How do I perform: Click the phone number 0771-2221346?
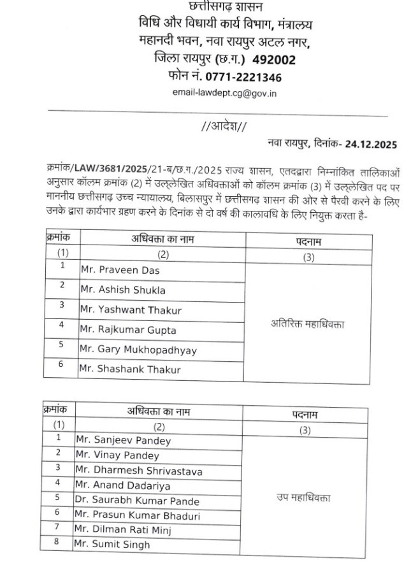pyautogui.click(x=243, y=77)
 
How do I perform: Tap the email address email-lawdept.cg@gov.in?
pyautogui.click(x=224, y=93)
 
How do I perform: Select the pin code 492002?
pyautogui.click(x=274, y=60)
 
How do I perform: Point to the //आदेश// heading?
pyautogui.click(x=224, y=127)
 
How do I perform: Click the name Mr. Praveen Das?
pyautogui.click(x=119, y=270)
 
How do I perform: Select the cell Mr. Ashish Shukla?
pyautogui.click(x=123, y=290)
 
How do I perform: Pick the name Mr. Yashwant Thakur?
pyautogui.click(x=131, y=310)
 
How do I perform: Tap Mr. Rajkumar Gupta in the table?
pyautogui.click(x=128, y=330)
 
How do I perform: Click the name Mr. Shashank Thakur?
pyautogui.click(x=130, y=369)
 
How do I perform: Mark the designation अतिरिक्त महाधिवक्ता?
pyautogui.click(x=307, y=324)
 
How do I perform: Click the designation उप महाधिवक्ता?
pyautogui.click(x=303, y=497)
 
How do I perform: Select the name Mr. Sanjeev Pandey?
pyautogui.click(x=123, y=440)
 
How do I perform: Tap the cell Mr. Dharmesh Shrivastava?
pyautogui.click(x=138, y=471)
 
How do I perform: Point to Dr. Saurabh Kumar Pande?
pyautogui.click(x=137, y=501)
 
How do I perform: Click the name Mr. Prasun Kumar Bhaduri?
pyautogui.click(x=137, y=515)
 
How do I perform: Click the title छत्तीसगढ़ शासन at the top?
pyautogui.click(x=225, y=7)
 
